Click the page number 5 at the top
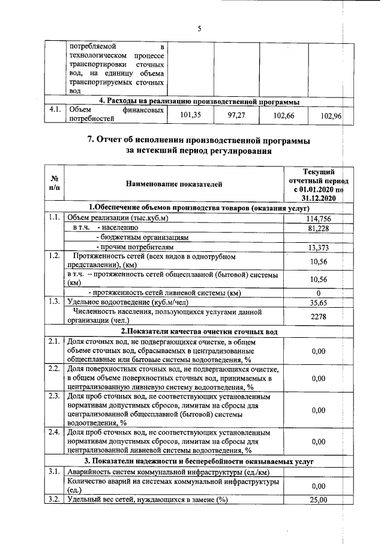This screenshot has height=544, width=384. [x=199, y=28]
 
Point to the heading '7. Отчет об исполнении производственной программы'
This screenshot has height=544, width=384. [x=199, y=140]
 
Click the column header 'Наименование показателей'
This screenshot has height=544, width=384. [x=174, y=184]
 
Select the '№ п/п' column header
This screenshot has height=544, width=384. [x=54, y=184]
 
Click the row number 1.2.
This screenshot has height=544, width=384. [x=54, y=257]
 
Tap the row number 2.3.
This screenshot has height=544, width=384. [x=54, y=396]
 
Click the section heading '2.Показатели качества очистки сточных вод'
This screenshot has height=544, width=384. [x=199, y=331]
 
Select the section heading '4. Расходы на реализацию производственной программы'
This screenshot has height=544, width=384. [x=199, y=101]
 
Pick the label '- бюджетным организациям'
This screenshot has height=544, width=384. [x=134, y=237]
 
